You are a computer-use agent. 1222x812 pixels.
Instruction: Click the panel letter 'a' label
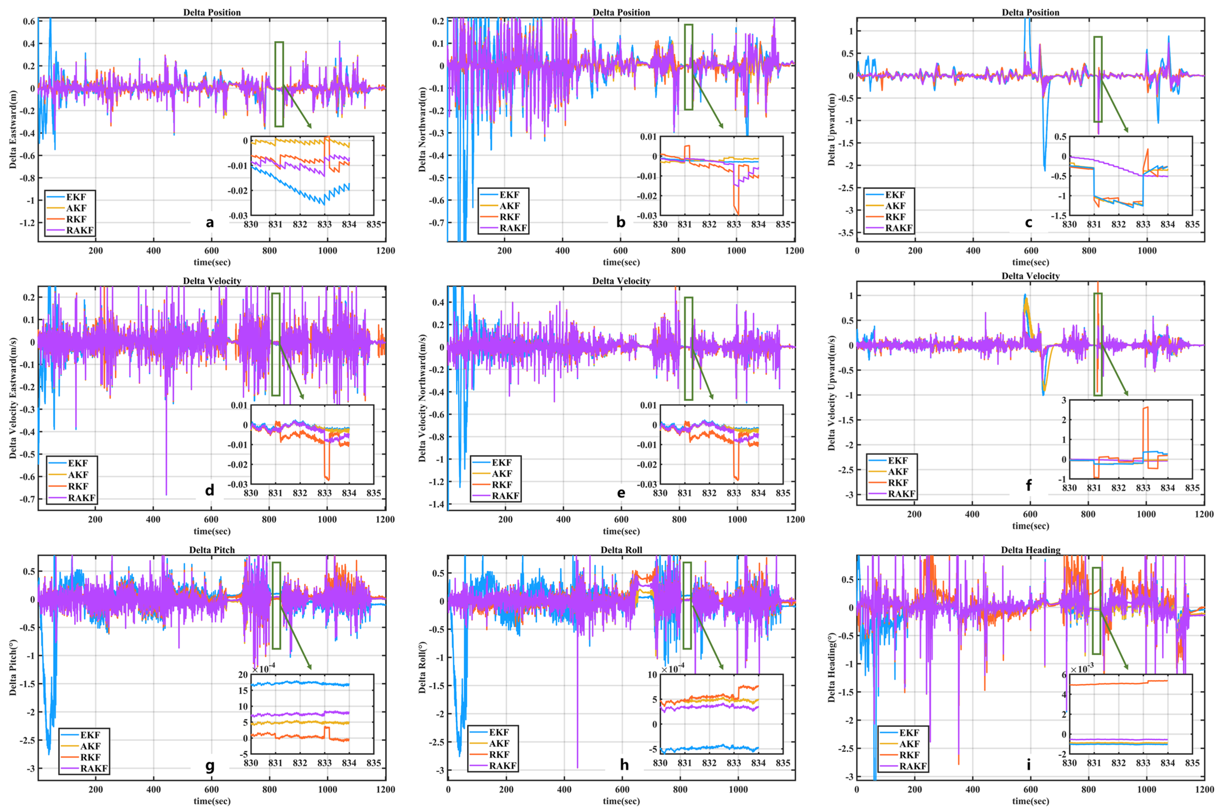[210, 223]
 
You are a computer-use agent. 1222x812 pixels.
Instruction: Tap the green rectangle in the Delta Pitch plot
[276, 605]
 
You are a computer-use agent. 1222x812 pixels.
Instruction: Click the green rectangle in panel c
[1098, 79]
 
